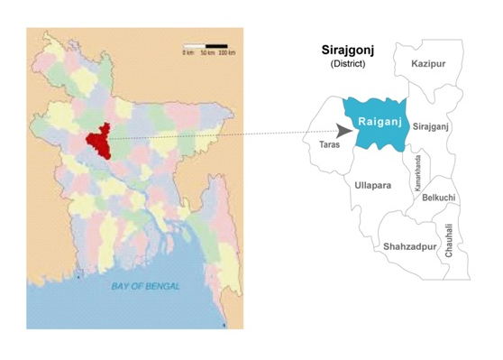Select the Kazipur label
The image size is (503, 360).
coord(427,64)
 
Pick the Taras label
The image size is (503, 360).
coord(330,143)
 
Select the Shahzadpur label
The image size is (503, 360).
coord(409,245)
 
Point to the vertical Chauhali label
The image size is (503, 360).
coord(449,241)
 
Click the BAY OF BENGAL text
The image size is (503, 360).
coord(145,286)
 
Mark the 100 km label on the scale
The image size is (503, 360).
coord(226,54)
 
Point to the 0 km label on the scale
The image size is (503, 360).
coord(187,54)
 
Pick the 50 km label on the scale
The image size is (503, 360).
coord(206,54)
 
